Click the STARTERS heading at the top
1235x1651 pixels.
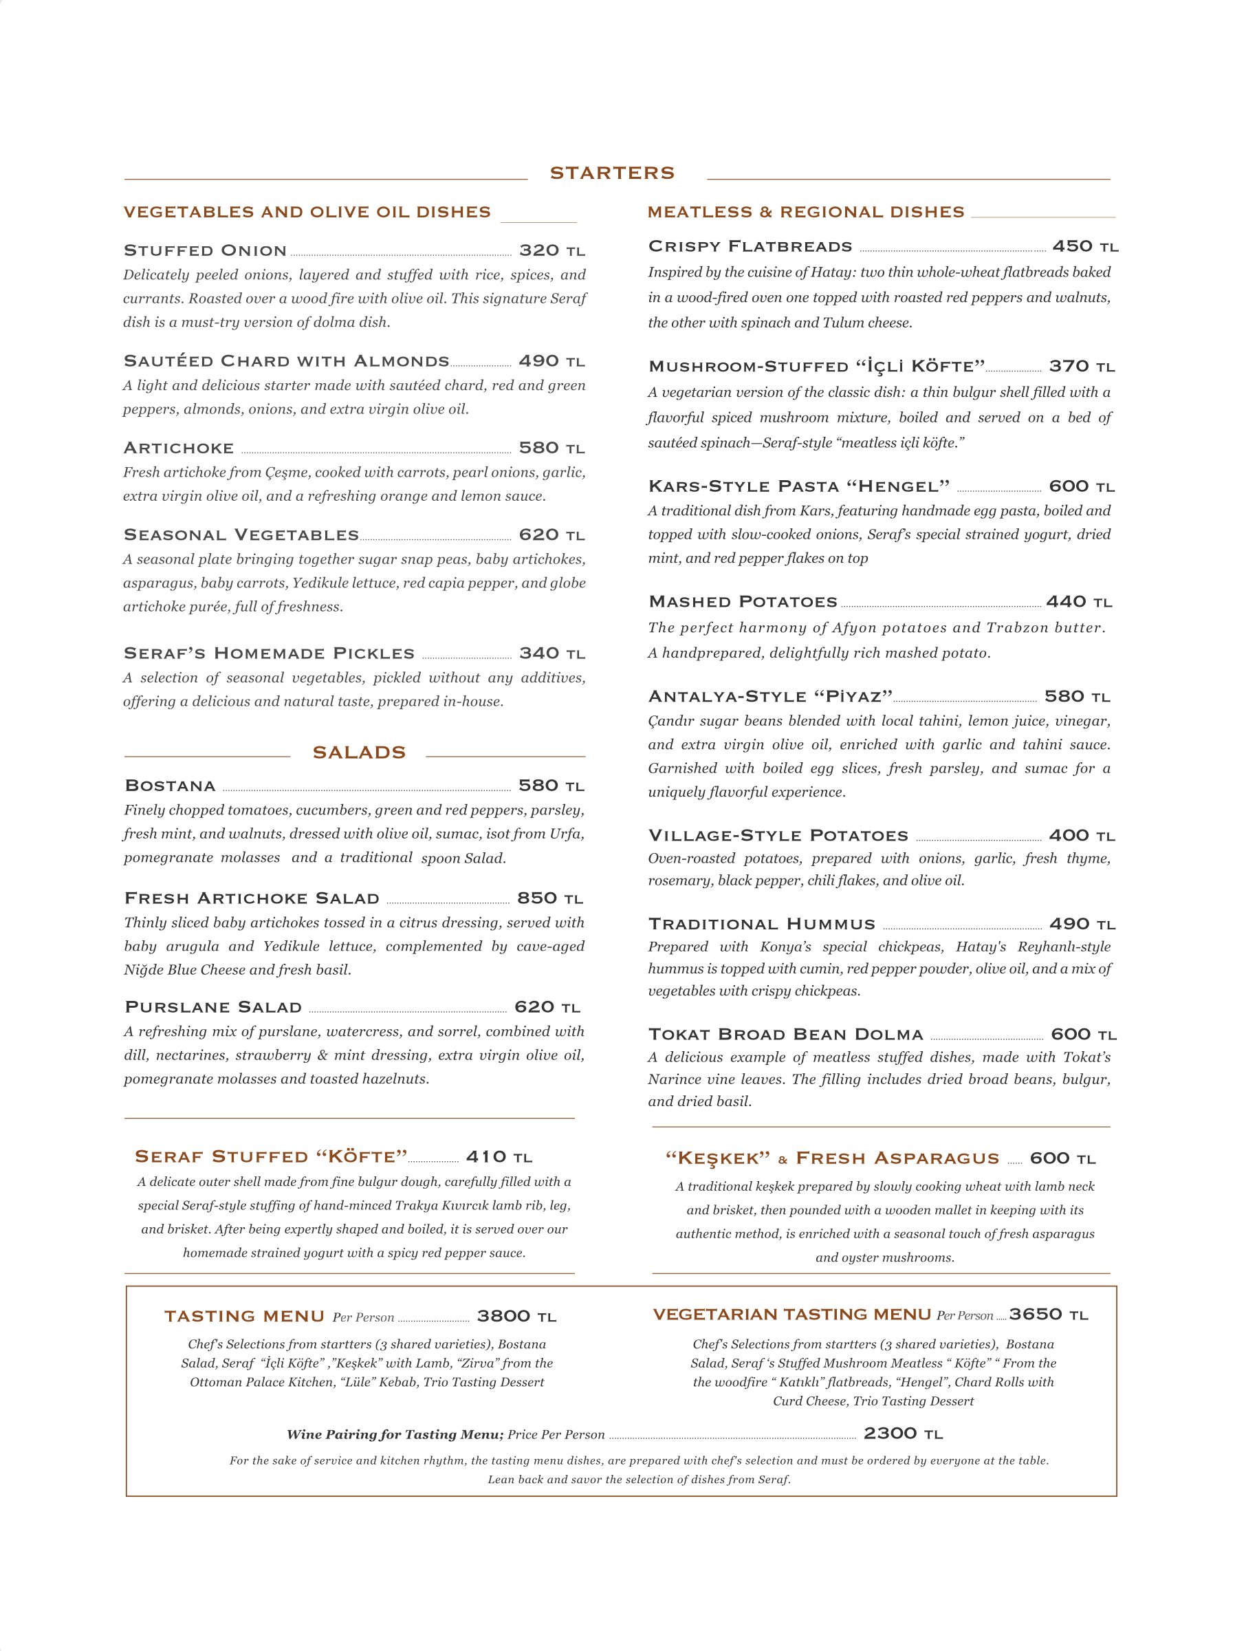(x=612, y=173)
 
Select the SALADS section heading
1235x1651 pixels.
(x=359, y=753)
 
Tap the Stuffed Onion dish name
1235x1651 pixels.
(x=205, y=251)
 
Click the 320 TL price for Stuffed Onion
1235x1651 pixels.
(x=551, y=251)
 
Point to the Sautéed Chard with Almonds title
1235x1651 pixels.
(x=287, y=361)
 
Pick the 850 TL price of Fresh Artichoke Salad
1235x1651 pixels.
(x=550, y=898)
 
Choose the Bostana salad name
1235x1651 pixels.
(x=170, y=786)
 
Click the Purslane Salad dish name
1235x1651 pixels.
(x=213, y=1008)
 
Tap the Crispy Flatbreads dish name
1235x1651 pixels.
(x=750, y=246)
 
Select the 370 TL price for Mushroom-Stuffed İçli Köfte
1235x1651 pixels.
(x=1081, y=367)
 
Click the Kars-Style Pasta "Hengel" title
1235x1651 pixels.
(x=798, y=486)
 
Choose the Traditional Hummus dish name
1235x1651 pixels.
(x=761, y=925)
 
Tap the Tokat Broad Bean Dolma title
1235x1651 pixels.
(x=785, y=1035)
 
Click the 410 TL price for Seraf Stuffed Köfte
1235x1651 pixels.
(x=499, y=1157)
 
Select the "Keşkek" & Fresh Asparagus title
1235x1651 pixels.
(x=832, y=1158)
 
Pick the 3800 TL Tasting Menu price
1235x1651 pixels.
(x=516, y=1317)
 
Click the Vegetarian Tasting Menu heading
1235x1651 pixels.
(x=791, y=1315)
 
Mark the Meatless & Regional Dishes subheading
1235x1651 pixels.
(x=806, y=212)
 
